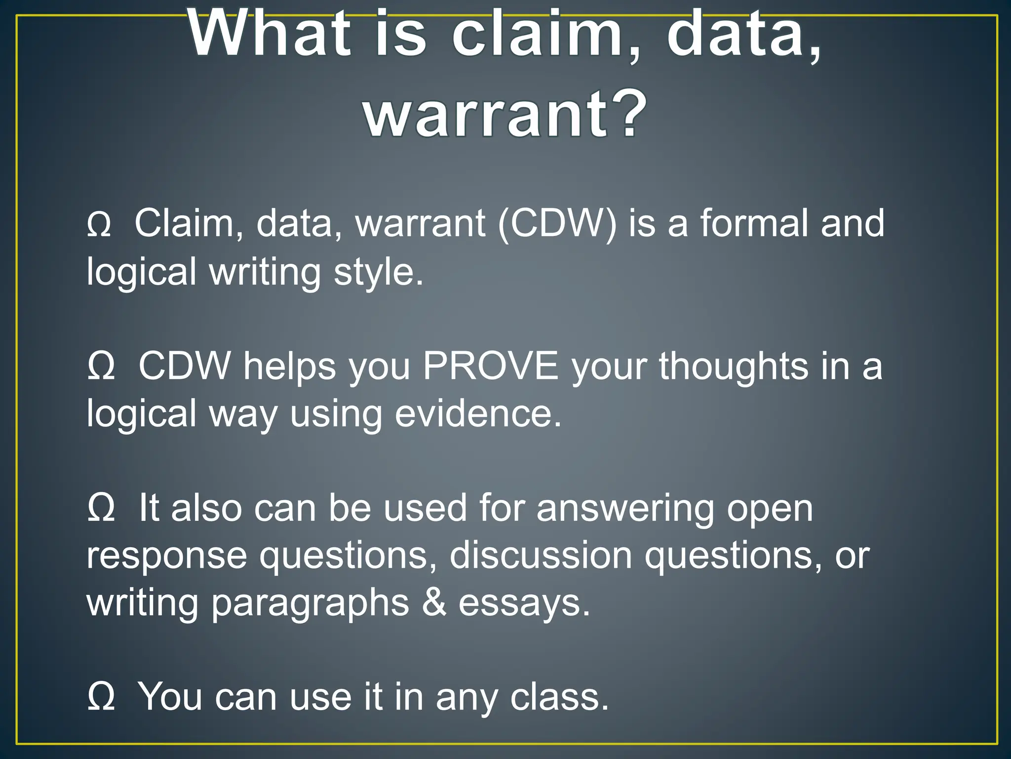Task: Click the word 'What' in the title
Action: coord(269,36)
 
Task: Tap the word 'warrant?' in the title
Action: coord(505,115)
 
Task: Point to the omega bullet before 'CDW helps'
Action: coord(101,367)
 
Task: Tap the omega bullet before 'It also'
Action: coord(101,509)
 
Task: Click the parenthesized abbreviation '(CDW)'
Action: coord(557,224)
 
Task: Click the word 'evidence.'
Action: coord(478,414)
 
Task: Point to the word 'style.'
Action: coord(378,272)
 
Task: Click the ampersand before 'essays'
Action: coord(434,603)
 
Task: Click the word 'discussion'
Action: coord(541,556)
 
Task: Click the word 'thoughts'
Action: coord(734,367)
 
